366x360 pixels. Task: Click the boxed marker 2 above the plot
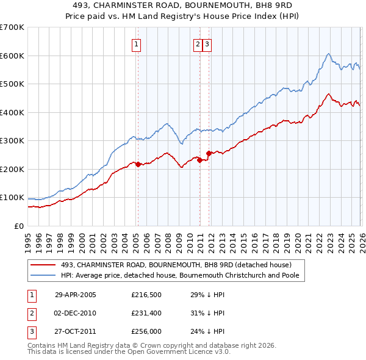198,43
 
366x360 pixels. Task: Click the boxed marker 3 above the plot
207,43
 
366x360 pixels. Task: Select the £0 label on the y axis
20,226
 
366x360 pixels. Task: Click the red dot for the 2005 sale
138,164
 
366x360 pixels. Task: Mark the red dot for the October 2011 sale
209,153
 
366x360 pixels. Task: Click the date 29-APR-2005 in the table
76,295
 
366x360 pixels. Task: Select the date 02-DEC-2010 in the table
76,313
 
